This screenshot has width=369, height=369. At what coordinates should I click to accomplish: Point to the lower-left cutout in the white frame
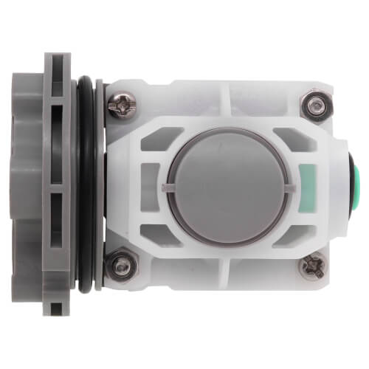coord(164,232)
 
